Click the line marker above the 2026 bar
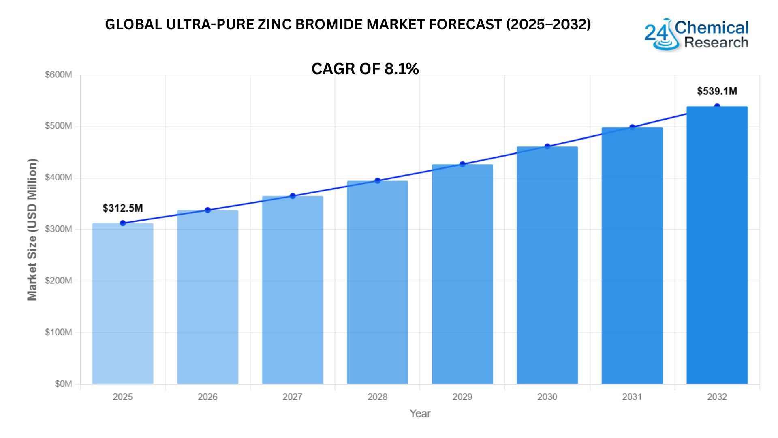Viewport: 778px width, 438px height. click(207, 210)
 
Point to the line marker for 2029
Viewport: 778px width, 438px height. click(462, 164)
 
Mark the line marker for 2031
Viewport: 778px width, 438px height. click(632, 127)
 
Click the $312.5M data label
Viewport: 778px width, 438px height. click(123, 208)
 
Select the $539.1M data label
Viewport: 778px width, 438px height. click(717, 91)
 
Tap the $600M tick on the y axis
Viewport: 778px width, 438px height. click(58, 75)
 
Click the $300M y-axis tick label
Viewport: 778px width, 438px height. click(58, 229)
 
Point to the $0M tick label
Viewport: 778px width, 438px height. click(63, 384)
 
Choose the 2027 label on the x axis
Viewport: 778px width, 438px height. click(292, 397)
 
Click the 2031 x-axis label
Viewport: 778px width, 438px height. click(632, 397)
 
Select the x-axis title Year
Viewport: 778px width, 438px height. click(420, 413)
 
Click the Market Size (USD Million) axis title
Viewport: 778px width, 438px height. click(32, 229)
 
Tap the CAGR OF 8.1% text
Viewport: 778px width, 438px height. click(365, 69)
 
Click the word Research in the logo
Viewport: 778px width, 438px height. click(716, 42)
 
